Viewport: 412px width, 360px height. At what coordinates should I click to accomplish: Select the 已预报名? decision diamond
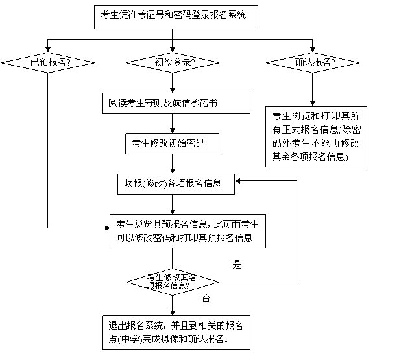tap(46, 63)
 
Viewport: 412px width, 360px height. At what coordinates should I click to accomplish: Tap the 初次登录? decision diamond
tap(171, 63)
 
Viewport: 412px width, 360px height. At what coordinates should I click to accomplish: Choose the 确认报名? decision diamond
tap(313, 63)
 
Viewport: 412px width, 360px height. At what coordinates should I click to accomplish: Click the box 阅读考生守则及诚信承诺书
tap(175, 102)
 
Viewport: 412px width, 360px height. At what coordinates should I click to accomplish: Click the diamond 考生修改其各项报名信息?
tap(171, 281)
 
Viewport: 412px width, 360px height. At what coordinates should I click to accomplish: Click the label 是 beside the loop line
tap(237, 265)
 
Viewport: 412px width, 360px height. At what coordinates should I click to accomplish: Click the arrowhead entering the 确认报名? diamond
tap(313, 51)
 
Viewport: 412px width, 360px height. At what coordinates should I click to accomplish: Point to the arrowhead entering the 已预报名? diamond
tap(46, 51)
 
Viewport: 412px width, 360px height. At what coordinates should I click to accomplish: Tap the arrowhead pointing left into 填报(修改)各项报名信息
tap(238, 182)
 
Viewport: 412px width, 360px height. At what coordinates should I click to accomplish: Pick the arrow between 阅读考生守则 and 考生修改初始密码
tap(171, 123)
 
